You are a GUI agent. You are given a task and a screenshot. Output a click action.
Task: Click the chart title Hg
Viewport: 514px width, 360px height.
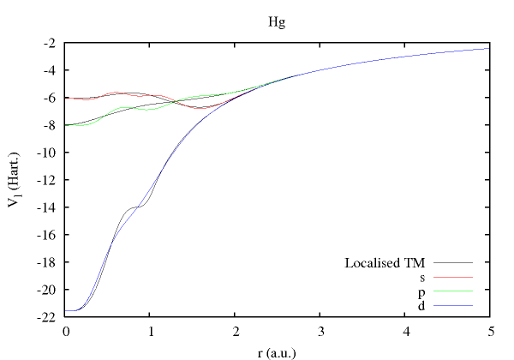pyautogui.click(x=277, y=21)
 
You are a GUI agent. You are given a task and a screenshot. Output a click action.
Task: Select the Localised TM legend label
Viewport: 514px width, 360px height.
pyautogui.click(x=385, y=262)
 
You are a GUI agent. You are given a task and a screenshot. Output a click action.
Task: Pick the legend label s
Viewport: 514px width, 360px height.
pyautogui.click(x=422, y=277)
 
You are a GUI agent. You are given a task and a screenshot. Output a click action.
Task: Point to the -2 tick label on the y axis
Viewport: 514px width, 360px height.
pyautogui.click(x=51, y=43)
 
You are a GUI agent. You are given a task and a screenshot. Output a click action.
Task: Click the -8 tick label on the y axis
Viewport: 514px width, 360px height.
pyautogui.click(x=51, y=125)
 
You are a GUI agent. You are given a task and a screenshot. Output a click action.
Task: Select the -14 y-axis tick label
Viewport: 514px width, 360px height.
pyautogui.click(x=47, y=207)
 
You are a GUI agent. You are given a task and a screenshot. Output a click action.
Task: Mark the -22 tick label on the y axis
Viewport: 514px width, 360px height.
pyautogui.click(x=47, y=317)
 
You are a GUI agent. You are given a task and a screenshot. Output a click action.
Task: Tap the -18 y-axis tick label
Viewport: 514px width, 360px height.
pyautogui.click(x=47, y=262)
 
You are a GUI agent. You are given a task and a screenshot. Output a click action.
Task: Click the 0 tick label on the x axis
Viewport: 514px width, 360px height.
pyautogui.click(x=66, y=331)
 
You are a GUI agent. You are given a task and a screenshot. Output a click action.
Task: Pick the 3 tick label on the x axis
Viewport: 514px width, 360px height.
pyautogui.click(x=320, y=331)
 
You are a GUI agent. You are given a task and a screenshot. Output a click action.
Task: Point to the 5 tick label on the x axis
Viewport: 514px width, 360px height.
pyautogui.click(x=490, y=331)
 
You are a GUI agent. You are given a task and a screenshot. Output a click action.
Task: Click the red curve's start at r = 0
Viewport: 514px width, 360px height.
pyautogui.click(x=66, y=98)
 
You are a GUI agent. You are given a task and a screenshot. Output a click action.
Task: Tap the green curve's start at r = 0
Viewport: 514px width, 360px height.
pyautogui.click(x=66, y=125)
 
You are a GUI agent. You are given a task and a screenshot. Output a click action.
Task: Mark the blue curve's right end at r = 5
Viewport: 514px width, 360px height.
pyautogui.click(x=490, y=48)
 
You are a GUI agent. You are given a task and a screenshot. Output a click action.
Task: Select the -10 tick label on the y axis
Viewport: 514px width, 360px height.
pyautogui.click(x=47, y=153)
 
